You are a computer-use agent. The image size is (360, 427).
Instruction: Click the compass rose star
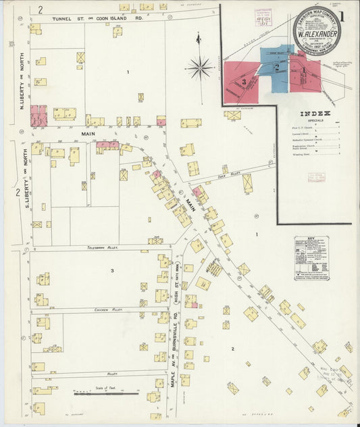[200, 67]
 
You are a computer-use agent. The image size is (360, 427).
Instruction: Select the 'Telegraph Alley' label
[103, 248]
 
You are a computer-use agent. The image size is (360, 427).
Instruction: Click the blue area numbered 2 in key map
[276, 68]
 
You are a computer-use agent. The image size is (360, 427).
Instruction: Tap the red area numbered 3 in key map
[242, 82]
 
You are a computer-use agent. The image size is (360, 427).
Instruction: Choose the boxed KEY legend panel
[311, 257]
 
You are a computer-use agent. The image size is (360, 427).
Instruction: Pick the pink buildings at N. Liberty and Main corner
[38, 115]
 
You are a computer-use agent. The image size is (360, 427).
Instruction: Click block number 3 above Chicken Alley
[112, 271]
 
